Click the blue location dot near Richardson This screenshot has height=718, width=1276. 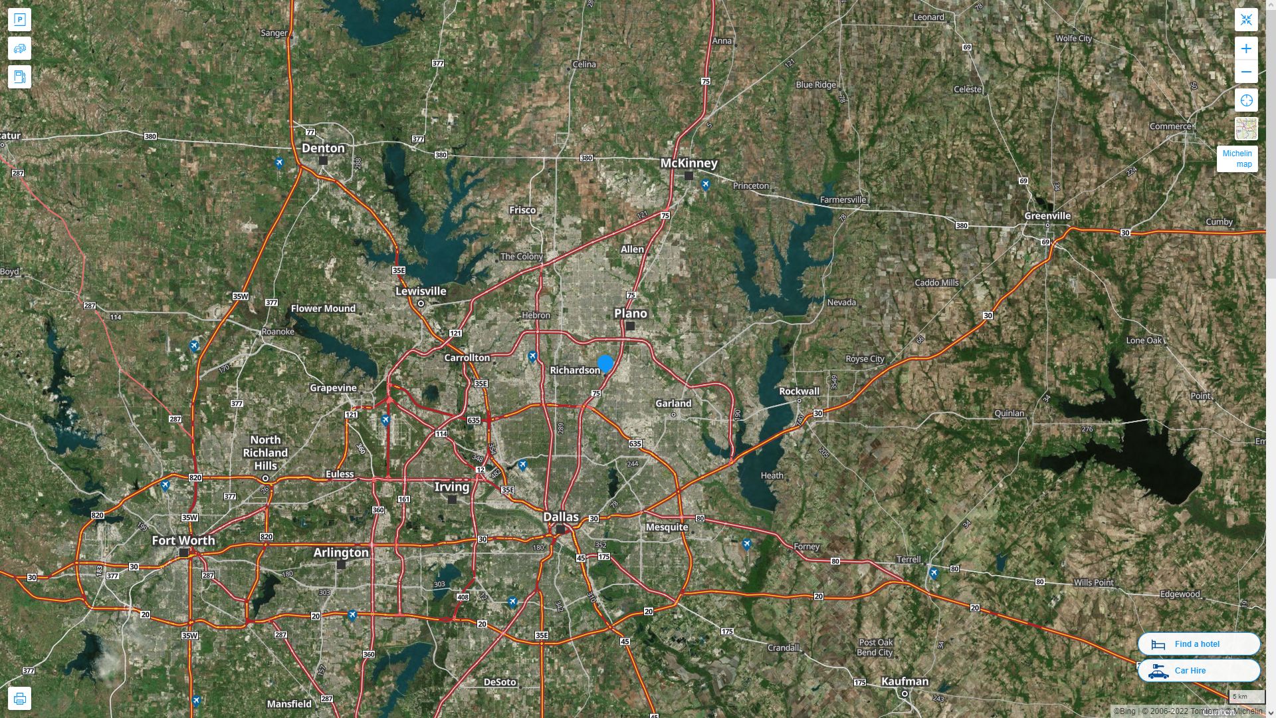tap(605, 364)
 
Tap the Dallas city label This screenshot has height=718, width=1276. tap(561, 517)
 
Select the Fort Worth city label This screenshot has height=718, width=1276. tap(183, 540)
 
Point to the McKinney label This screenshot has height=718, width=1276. tap(689, 163)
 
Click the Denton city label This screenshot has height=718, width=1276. tap(323, 148)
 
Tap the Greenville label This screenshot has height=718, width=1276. tap(1047, 216)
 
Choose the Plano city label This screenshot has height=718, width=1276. tap(630, 313)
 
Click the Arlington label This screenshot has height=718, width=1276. tap(341, 552)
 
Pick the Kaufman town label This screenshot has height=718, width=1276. tap(904, 681)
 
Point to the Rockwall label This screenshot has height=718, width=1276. tap(799, 391)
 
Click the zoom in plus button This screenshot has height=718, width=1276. tap(1246, 49)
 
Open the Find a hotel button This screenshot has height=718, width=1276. tap(1198, 644)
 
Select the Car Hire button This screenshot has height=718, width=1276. tap(1198, 670)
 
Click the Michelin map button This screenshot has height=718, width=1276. tap(1237, 159)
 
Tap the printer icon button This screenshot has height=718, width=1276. tap(20, 699)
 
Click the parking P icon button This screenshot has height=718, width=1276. tap(20, 20)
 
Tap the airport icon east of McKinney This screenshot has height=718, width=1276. tap(706, 184)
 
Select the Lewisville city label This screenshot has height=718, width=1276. tap(421, 291)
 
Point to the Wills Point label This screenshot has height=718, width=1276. tap(1093, 582)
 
